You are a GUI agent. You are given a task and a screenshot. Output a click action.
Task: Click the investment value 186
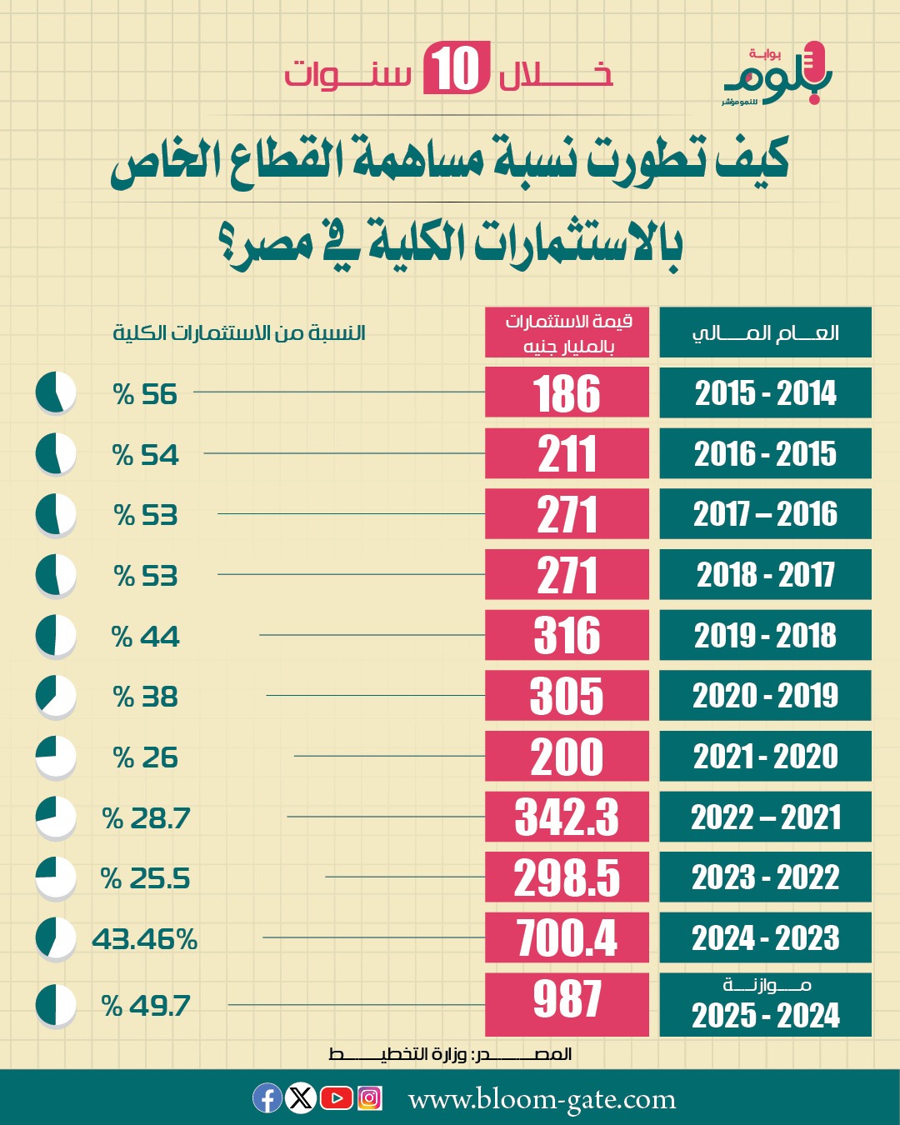tap(567, 392)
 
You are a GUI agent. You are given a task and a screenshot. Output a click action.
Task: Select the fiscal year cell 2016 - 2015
tap(765, 453)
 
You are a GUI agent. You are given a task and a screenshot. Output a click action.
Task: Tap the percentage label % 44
tap(146, 637)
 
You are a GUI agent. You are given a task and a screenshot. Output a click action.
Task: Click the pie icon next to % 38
tap(56, 696)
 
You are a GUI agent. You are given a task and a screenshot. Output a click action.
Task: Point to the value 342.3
tap(567, 817)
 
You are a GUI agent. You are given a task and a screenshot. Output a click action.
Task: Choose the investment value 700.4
tap(567, 937)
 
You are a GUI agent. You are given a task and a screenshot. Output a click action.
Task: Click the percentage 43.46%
tap(145, 939)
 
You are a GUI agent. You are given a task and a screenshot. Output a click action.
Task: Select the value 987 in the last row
tap(567, 999)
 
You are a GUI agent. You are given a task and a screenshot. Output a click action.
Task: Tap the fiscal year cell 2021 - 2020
tap(765, 757)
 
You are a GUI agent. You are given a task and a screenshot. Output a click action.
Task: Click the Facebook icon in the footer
tap(267, 1098)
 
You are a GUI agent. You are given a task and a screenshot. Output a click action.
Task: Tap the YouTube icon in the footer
tap(336, 1098)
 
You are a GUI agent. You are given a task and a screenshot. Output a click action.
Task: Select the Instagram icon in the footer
tap(369, 1098)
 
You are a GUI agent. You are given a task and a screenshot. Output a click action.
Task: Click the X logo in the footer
tap(301, 1098)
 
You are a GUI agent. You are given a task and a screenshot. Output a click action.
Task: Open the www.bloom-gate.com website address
tap(542, 1100)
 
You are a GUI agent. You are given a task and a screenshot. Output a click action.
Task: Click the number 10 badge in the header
tap(456, 69)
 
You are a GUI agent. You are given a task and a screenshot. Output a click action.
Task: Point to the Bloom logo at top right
tap(777, 75)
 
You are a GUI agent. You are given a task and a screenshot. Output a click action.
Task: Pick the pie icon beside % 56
tap(56, 392)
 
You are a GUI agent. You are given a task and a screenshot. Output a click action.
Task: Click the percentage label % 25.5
tap(146, 878)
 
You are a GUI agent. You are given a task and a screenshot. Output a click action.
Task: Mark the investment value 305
tap(567, 696)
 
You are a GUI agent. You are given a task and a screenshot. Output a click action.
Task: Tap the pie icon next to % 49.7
tap(56, 1005)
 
